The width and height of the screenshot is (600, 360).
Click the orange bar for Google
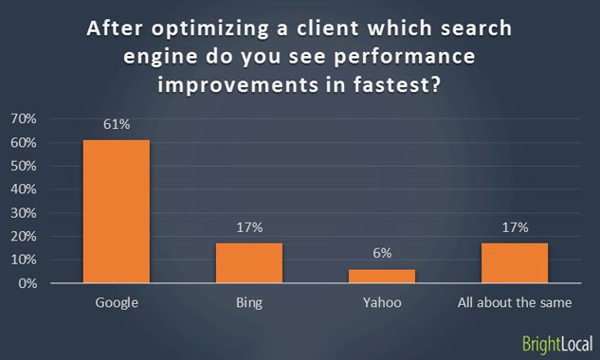116,211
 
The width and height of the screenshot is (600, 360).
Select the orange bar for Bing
249,262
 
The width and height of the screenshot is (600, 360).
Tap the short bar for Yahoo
382,276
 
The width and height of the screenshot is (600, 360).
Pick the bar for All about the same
515,262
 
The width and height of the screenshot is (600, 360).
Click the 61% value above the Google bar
116,124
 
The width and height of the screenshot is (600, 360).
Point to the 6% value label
382,254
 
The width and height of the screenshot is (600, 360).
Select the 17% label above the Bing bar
249,227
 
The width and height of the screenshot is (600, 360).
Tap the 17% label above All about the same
515,227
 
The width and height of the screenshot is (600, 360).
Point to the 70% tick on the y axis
24,118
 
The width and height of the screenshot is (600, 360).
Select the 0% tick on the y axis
27,283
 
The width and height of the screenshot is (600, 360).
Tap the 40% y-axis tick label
24,189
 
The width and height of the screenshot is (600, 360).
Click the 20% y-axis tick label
24,236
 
